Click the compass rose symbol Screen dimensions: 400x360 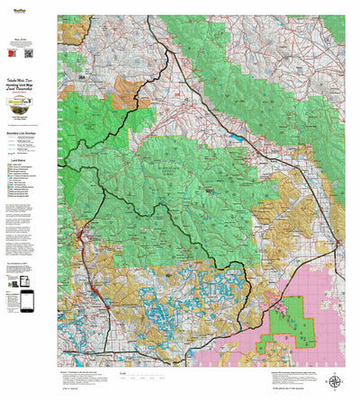point(335,382)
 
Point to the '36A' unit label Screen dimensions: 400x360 point(80,79)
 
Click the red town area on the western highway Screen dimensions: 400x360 point(79,236)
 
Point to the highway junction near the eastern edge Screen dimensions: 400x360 point(337,241)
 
